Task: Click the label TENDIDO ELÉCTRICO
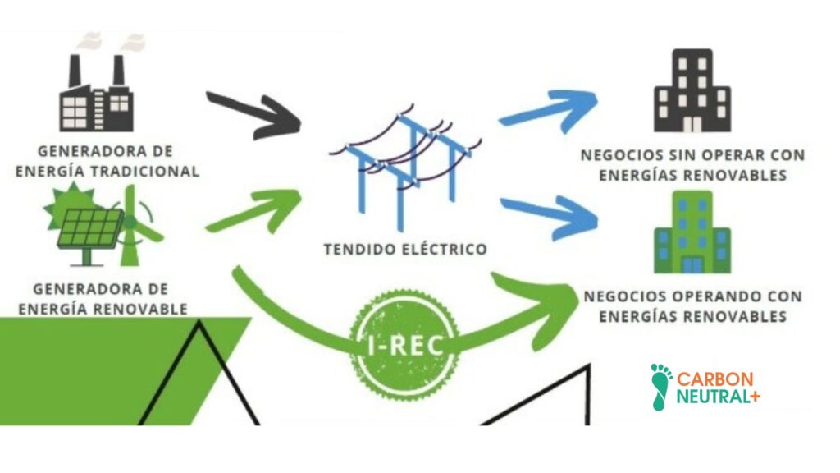pyautogui.click(x=405, y=248)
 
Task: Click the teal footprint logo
pyautogui.click(x=660, y=386)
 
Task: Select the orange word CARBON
pyautogui.click(x=714, y=379)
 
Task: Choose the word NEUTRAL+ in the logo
pyautogui.click(x=718, y=397)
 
